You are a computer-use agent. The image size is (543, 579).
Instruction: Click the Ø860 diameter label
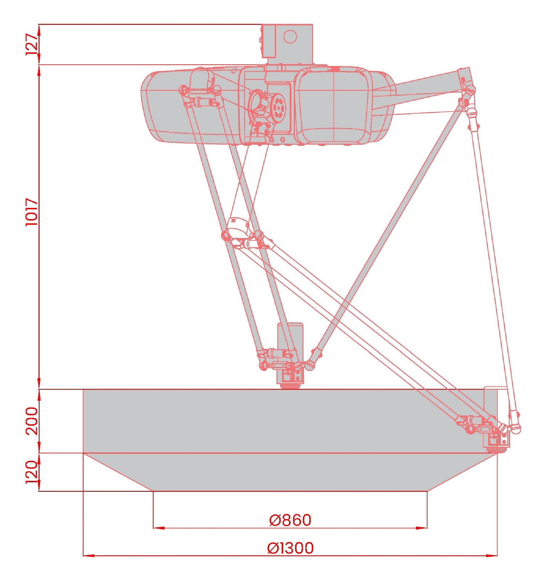coord(290,520)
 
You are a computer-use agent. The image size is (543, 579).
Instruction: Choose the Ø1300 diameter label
coord(290,548)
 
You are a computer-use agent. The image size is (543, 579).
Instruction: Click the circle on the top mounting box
coord(290,37)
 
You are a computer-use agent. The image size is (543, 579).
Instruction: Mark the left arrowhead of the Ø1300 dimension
coord(89,556)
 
